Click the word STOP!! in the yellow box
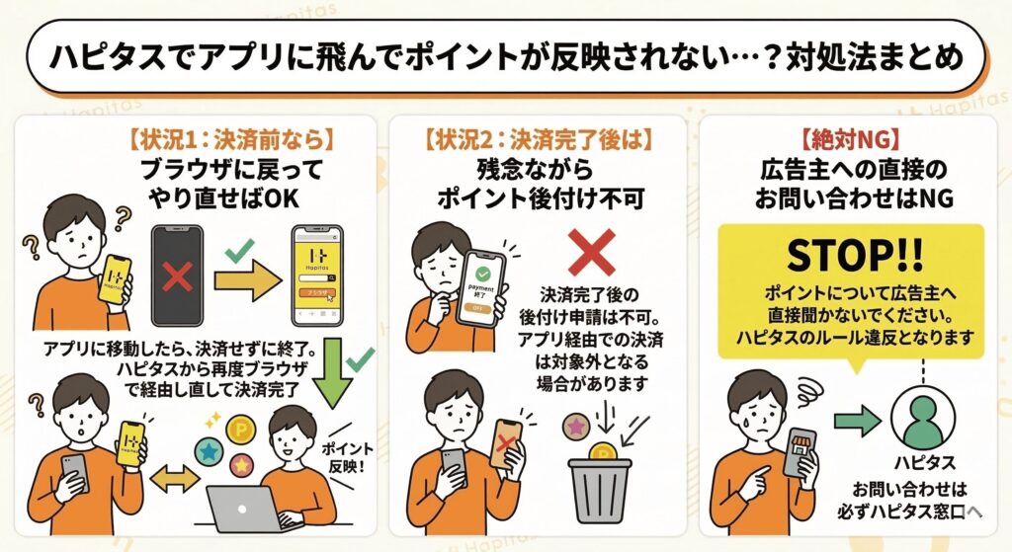[x=852, y=257]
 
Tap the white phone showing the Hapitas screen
[x=315, y=276]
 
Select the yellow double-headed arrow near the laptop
[x=175, y=480]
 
